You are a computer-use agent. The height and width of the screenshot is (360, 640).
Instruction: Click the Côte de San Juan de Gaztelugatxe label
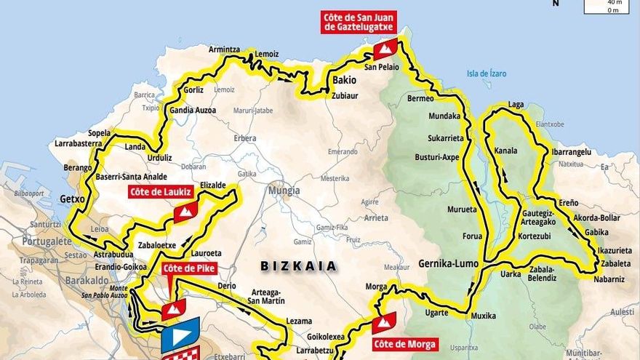click(359, 22)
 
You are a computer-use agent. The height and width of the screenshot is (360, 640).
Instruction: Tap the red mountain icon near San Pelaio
click(385, 49)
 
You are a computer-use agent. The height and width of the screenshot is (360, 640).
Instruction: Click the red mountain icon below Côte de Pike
click(173, 309)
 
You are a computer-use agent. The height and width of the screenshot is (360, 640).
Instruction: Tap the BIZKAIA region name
click(299, 266)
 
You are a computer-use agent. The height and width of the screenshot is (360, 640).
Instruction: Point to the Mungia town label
click(284, 191)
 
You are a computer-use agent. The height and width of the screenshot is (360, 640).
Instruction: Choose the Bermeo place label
click(420, 98)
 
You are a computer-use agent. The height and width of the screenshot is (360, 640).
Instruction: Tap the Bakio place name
click(344, 80)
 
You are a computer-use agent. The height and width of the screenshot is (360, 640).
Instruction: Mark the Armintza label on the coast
click(224, 49)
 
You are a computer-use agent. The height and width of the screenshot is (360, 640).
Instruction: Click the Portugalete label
click(47, 241)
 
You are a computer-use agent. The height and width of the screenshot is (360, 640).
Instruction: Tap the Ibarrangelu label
click(571, 152)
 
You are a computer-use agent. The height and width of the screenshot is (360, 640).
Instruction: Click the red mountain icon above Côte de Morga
click(384, 321)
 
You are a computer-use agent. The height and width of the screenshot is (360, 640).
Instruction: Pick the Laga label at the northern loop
click(516, 105)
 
